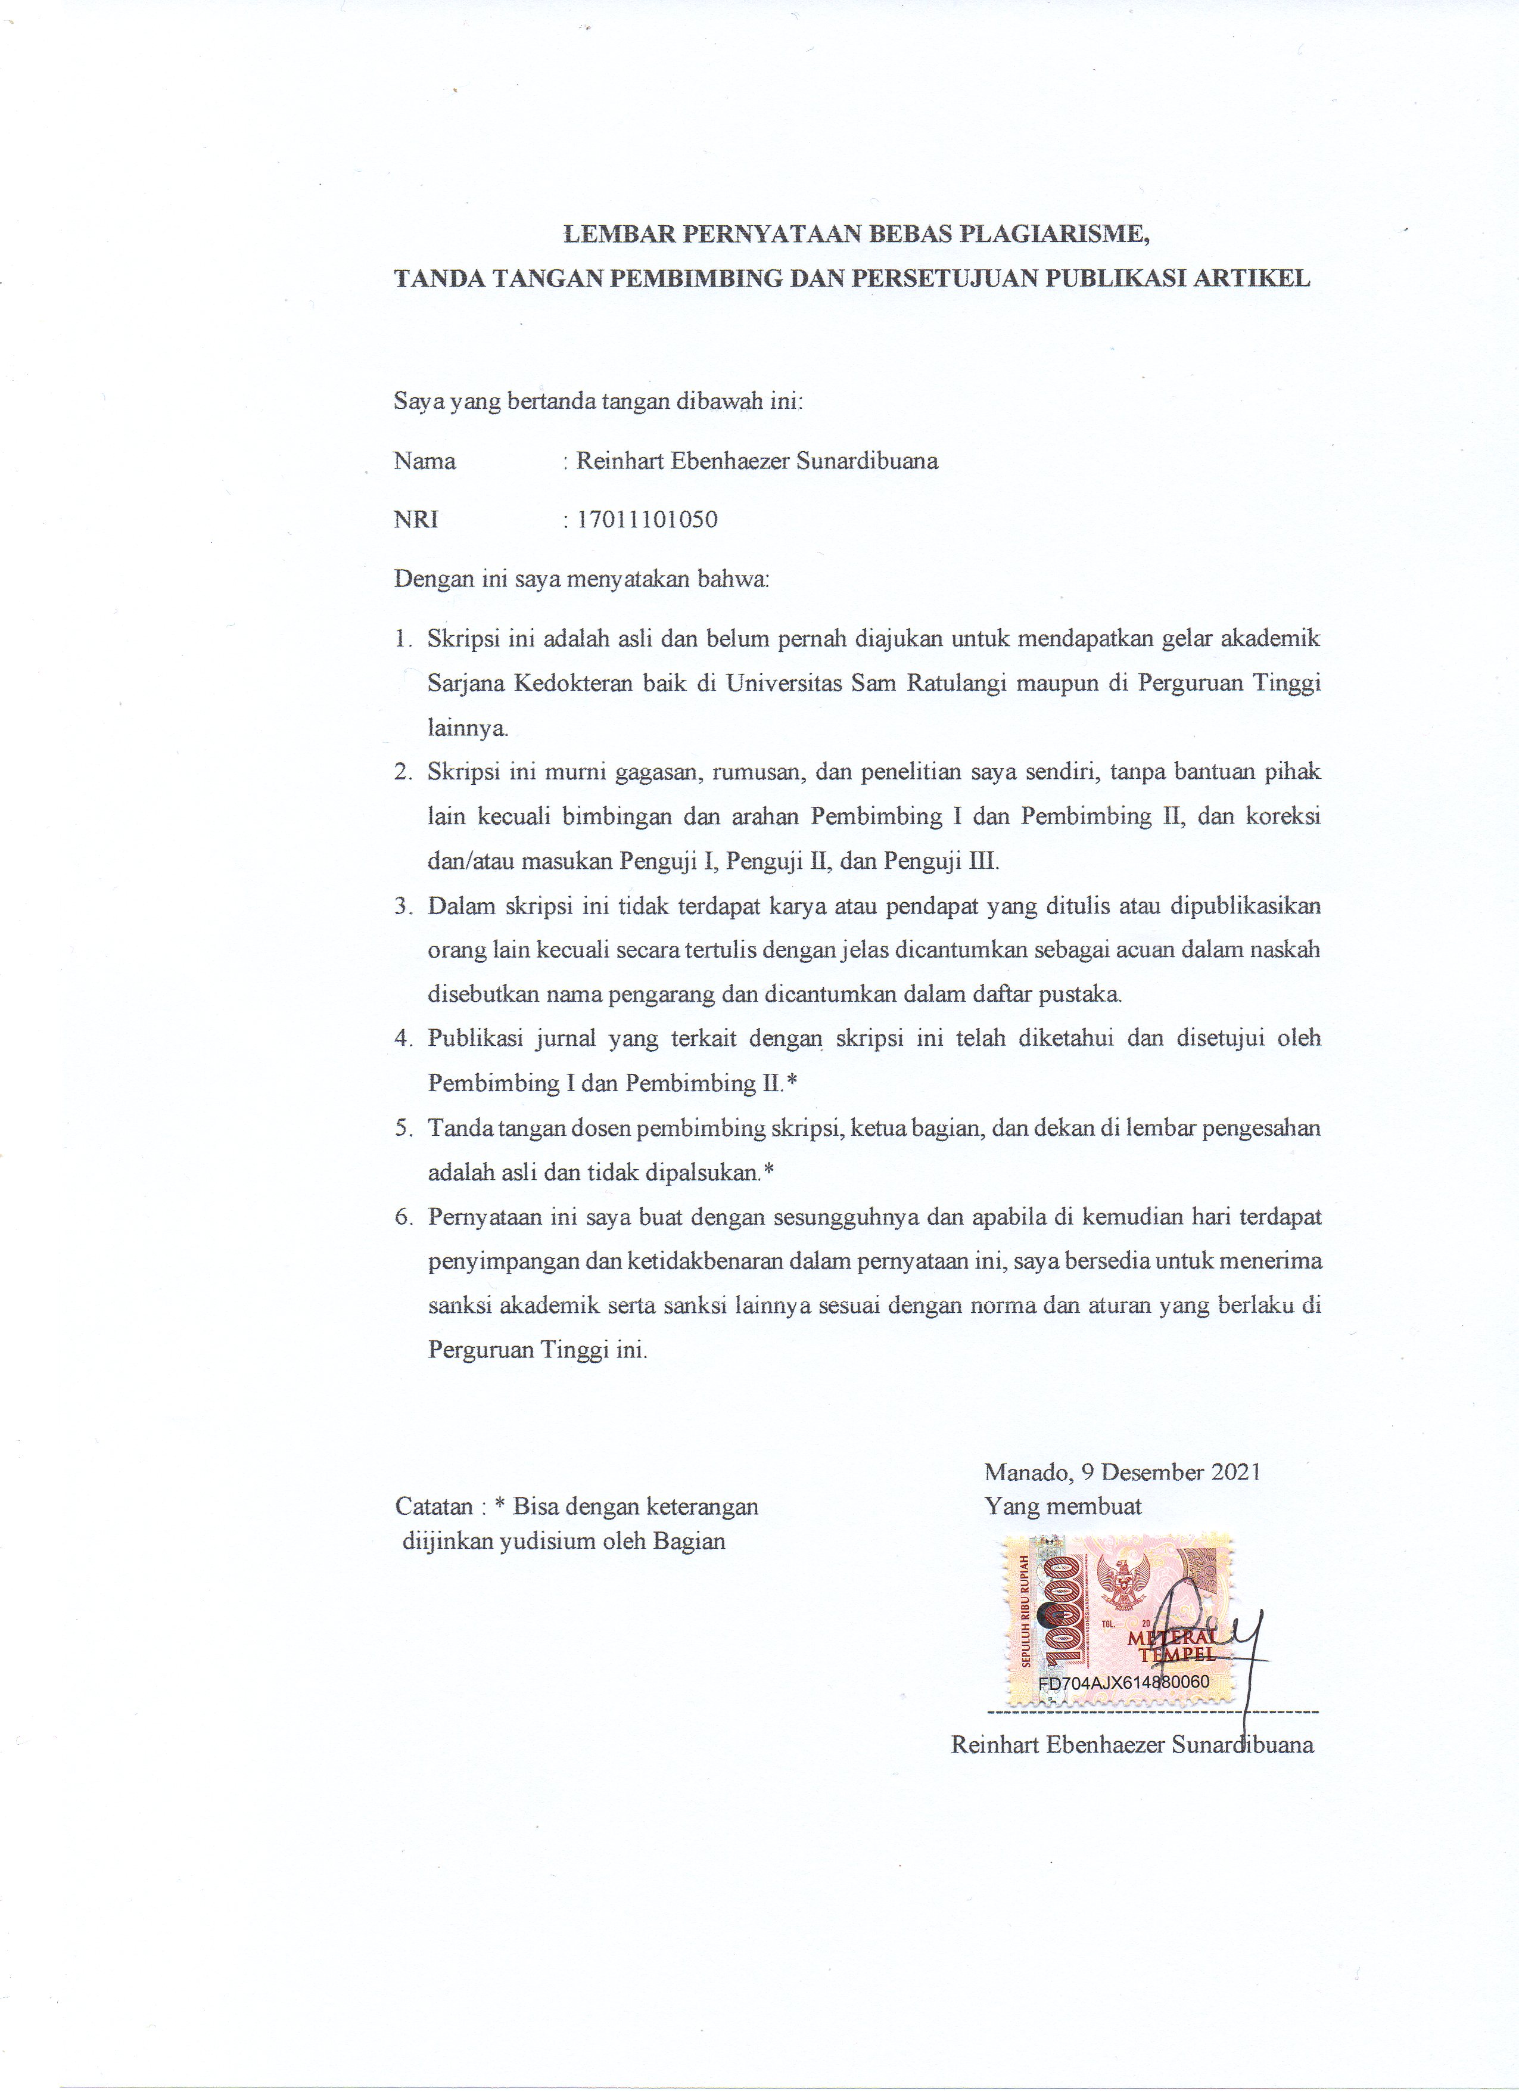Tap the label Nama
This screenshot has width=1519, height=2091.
[425, 461]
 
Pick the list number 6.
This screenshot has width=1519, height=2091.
[402, 1217]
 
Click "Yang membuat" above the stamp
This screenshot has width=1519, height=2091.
[1063, 1506]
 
